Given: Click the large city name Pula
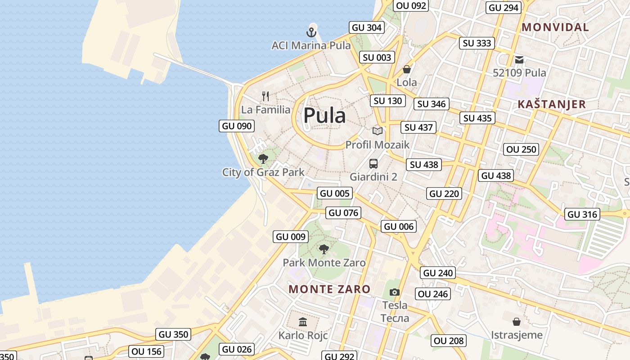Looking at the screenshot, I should (x=324, y=116).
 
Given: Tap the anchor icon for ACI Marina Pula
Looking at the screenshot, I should (x=311, y=32).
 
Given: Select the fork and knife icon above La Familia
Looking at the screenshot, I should (x=265, y=96).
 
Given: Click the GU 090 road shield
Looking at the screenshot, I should (x=237, y=126).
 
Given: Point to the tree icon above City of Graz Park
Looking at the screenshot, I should (x=263, y=158).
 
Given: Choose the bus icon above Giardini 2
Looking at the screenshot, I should (x=373, y=163).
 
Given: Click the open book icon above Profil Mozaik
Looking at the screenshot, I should (x=377, y=131).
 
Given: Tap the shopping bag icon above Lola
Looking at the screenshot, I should (x=407, y=69).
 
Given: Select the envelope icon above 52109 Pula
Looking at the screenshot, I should (x=519, y=59).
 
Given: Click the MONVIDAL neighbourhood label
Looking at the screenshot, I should (x=555, y=27).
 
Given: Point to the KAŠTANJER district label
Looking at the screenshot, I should (x=551, y=104).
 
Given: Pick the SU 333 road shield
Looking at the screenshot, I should (x=477, y=43).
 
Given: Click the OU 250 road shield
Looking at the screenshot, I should (x=522, y=149).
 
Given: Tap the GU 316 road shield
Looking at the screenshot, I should (x=582, y=214).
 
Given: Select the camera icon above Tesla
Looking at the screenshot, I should (x=395, y=292).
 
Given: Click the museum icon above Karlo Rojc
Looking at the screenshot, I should (x=303, y=322).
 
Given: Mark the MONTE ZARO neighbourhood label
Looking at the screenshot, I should (x=329, y=289).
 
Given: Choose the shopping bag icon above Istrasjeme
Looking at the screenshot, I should (x=517, y=322).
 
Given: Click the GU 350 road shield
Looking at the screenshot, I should (x=174, y=334).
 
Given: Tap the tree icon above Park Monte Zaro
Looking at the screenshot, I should (x=324, y=249).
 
